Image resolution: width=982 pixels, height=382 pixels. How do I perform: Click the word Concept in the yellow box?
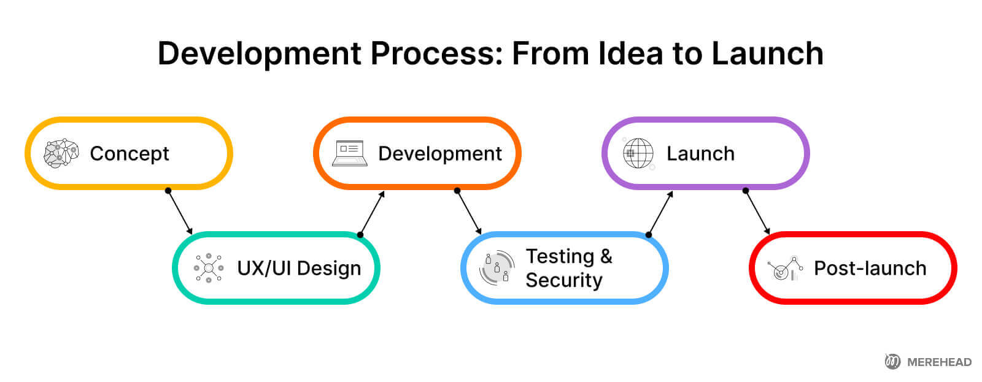click(x=129, y=153)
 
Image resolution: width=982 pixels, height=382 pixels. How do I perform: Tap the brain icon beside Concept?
click(x=61, y=153)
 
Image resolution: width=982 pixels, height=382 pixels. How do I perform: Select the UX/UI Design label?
click(x=299, y=269)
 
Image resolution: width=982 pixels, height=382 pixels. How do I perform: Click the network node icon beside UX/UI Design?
click(x=209, y=268)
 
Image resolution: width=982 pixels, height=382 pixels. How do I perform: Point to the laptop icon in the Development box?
click(x=350, y=153)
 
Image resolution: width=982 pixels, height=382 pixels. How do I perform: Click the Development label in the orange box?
click(x=439, y=153)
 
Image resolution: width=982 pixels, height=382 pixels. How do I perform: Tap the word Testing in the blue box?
click(x=559, y=256)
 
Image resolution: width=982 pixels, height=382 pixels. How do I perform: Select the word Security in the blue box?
click(x=563, y=280)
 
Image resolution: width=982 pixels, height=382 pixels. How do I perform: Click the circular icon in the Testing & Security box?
click(x=497, y=268)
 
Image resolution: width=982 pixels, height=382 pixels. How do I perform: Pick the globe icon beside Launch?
click(x=638, y=153)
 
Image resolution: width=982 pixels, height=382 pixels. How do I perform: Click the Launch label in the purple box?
click(x=700, y=153)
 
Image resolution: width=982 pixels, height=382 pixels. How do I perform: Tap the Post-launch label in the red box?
click(x=870, y=269)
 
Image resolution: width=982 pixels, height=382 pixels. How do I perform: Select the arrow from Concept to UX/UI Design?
click(x=180, y=212)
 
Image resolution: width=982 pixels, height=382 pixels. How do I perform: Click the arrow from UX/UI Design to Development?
click(x=372, y=213)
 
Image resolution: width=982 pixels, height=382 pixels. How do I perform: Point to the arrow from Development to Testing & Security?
click(x=469, y=212)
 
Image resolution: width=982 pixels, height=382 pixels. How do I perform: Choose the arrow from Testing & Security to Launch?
click(x=660, y=213)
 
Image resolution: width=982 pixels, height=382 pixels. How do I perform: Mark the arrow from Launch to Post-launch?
click(x=757, y=212)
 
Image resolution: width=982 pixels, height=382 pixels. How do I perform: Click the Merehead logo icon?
click(x=892, y=362)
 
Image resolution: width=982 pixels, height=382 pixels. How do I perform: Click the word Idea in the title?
click(x=632, y=53)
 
